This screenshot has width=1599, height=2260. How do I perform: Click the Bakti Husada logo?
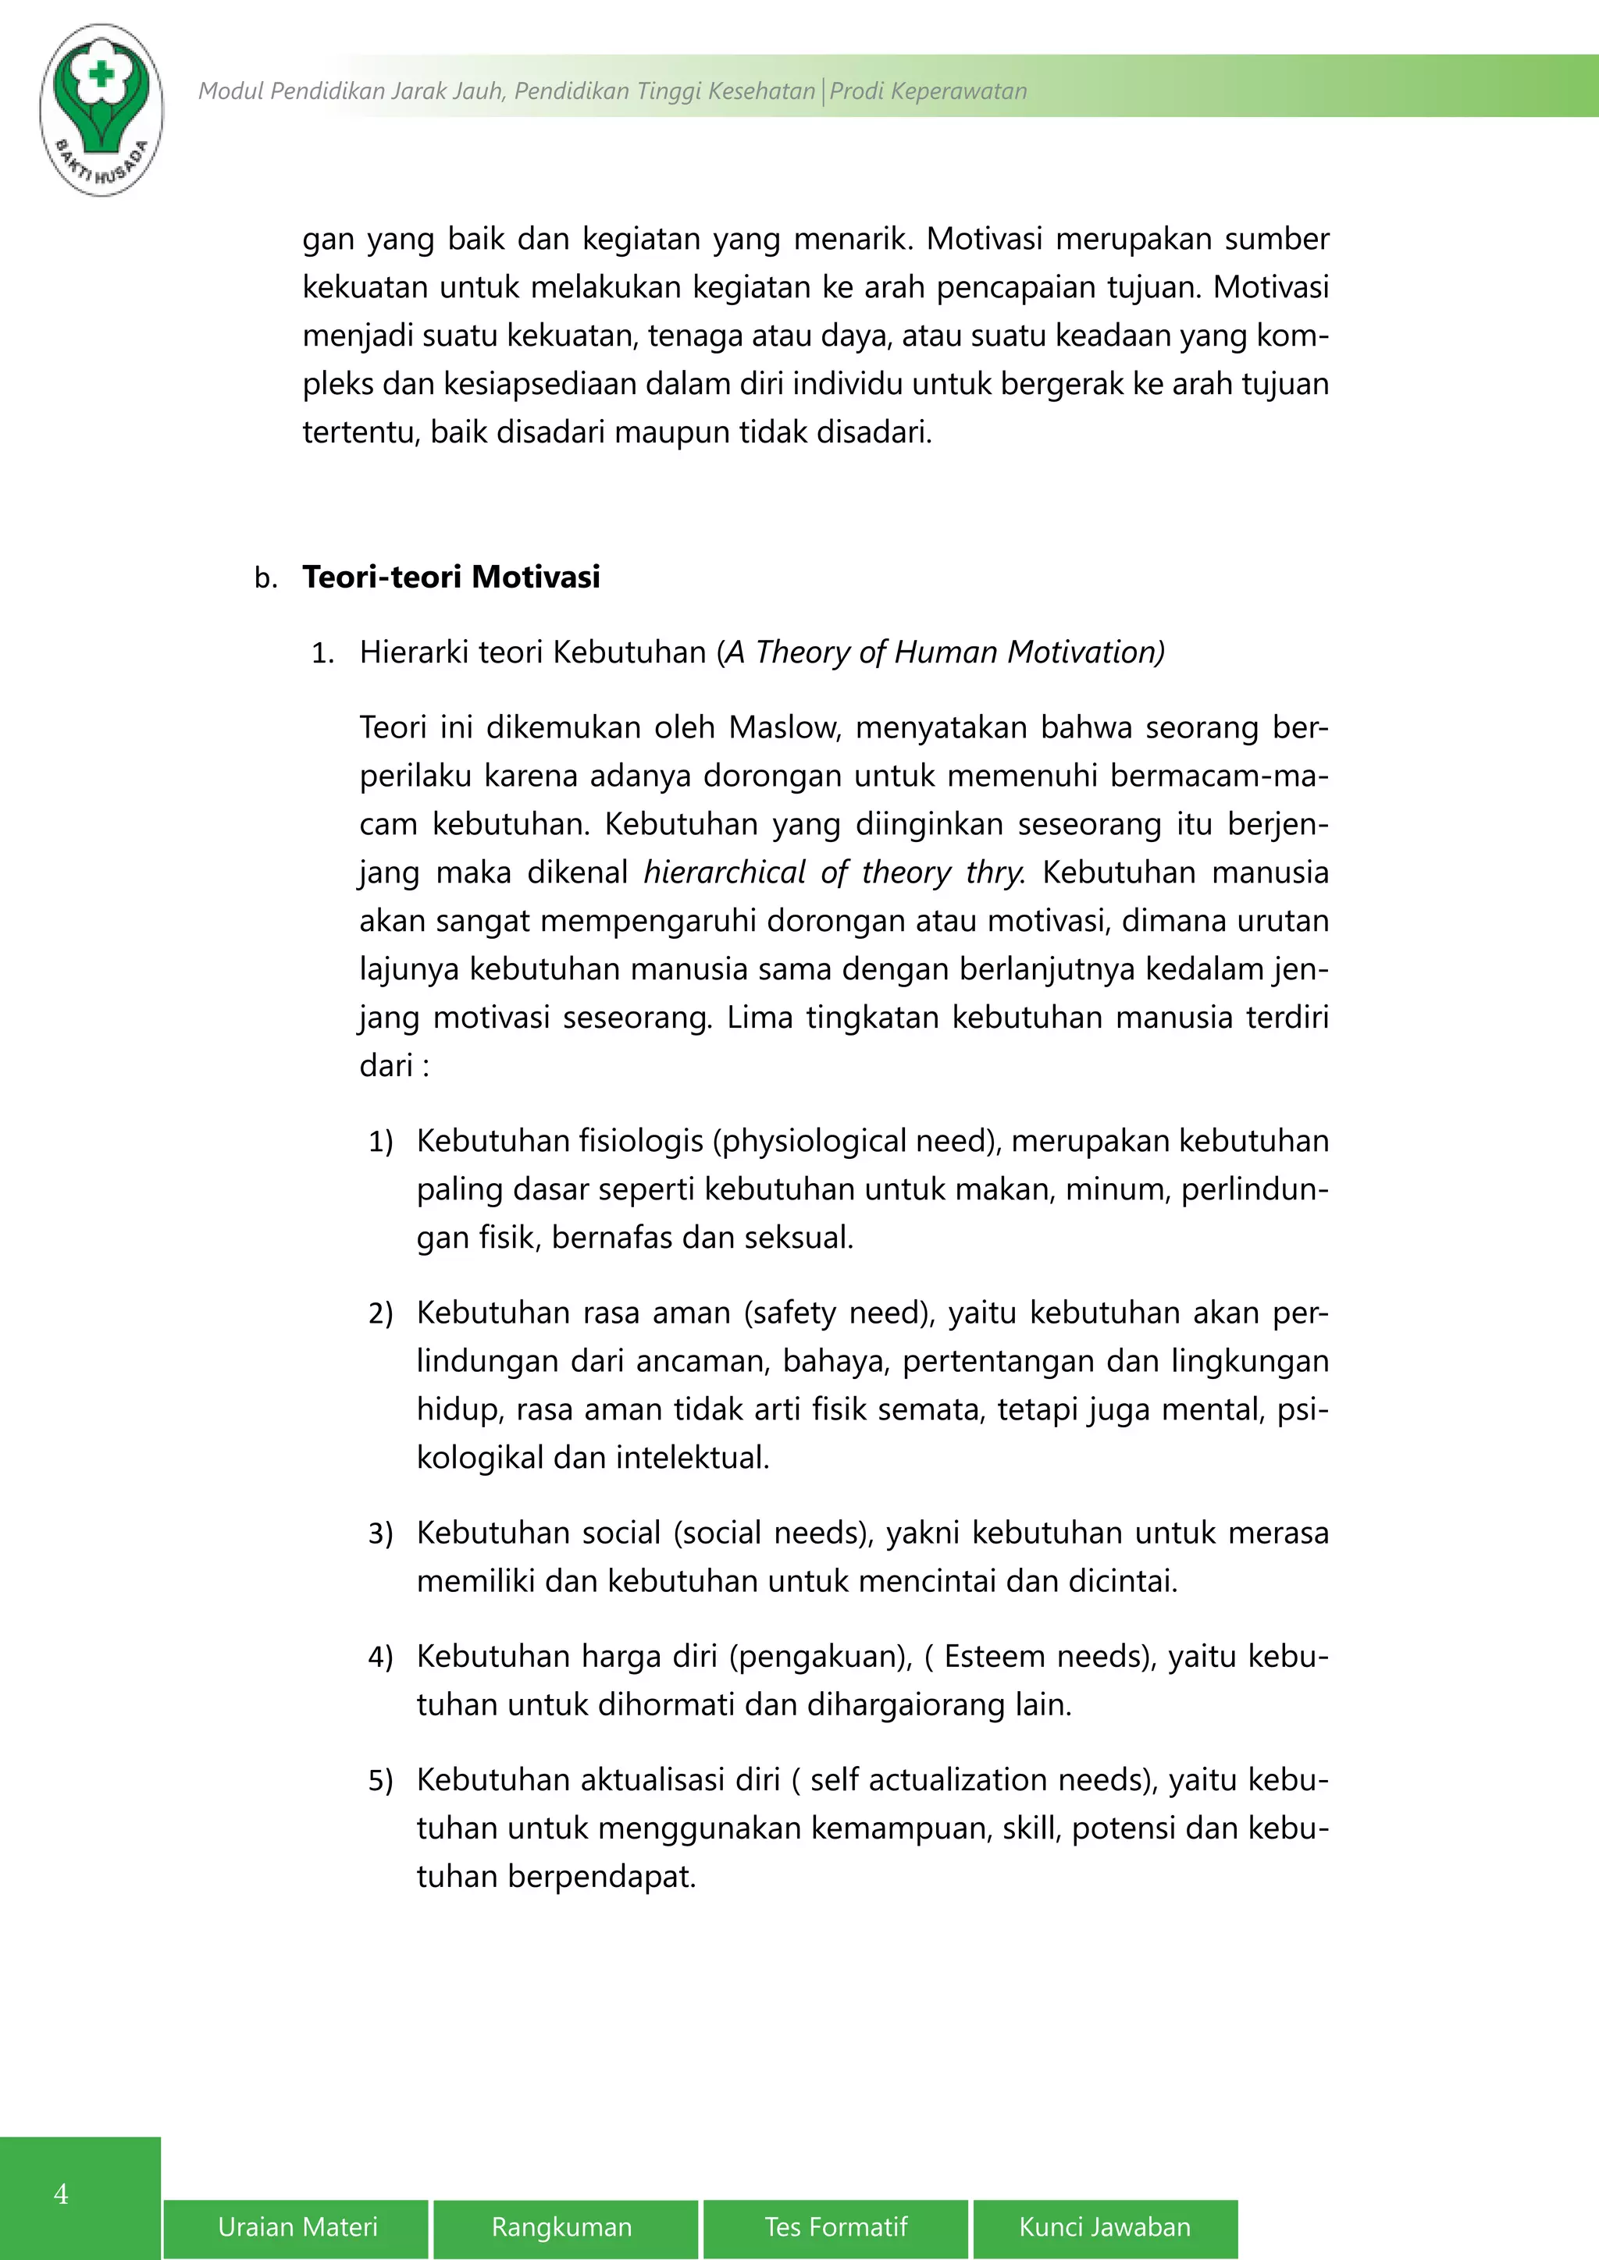point(101,108)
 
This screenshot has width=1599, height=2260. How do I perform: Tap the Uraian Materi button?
point(297,2226)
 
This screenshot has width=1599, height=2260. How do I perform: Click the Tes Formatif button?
point(836,2226)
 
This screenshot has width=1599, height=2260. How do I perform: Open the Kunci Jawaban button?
point(1105,2226)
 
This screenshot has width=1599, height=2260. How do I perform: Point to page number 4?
point(61,2194)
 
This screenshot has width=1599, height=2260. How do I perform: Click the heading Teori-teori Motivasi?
point(451,577)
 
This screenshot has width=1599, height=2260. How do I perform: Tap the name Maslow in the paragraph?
point(783,727)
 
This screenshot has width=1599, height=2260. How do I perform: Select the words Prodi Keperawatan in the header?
point(928,91)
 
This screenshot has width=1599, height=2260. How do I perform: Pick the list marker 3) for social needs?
point(380,1533)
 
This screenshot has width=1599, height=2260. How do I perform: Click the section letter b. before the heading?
point(265,577)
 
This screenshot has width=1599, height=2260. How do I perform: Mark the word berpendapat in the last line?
point(602,1876)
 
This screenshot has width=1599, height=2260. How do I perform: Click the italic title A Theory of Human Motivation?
point(943,652)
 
